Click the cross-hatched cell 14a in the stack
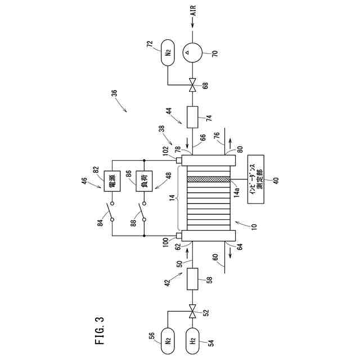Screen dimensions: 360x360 (208, 179)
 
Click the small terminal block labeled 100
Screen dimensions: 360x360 (178, 235)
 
